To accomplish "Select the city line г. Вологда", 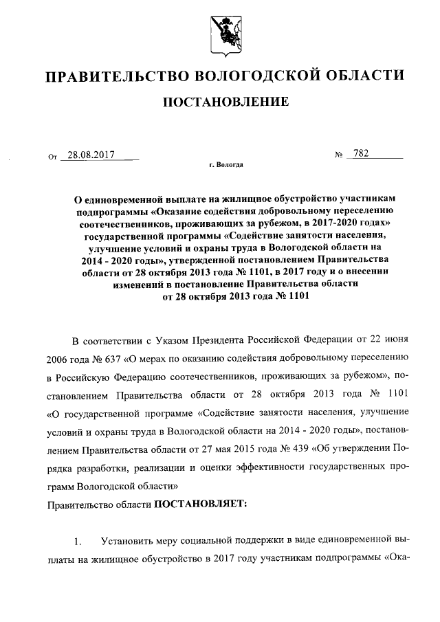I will tap(225, 166).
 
